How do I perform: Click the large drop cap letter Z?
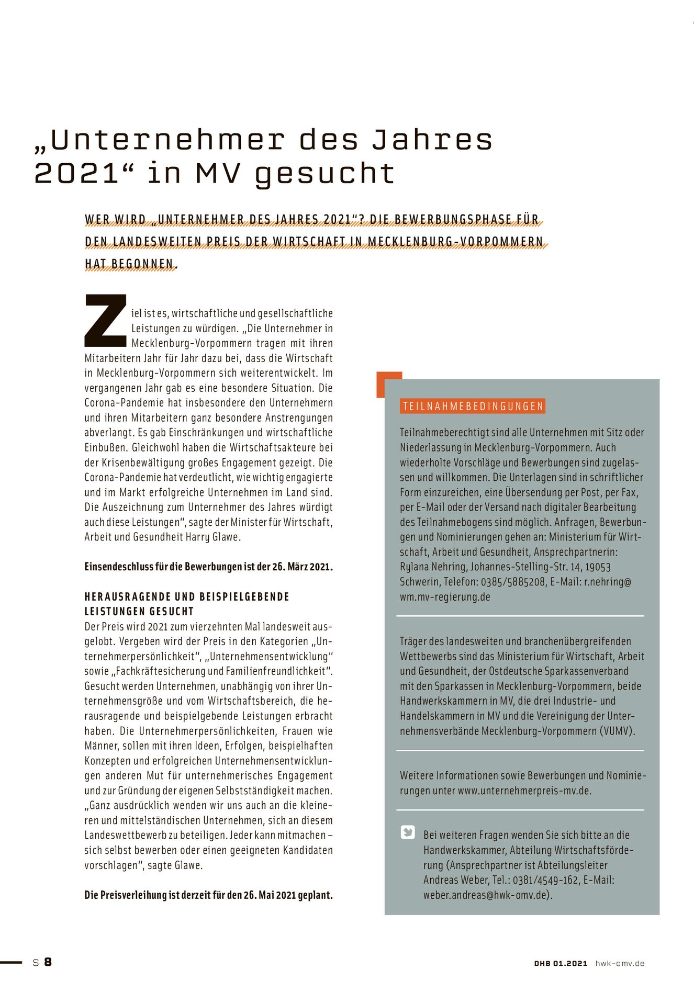[x=106, y=320]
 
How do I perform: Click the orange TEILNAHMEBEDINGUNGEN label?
[x=473, y=407]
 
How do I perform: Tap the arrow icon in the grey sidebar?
[x=408, y=832]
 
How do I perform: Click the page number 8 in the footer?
[x=48, y=962]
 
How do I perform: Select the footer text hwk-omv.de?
[x=620, y=963]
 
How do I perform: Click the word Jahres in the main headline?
[x=432, y=140]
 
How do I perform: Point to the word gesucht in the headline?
[x=324, y=174]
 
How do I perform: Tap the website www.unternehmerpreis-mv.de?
[x=524, y=791]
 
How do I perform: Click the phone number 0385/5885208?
[x=513, y=582]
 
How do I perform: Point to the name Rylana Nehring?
[x=433, y=567]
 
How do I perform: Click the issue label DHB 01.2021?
[x=561, y=963]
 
